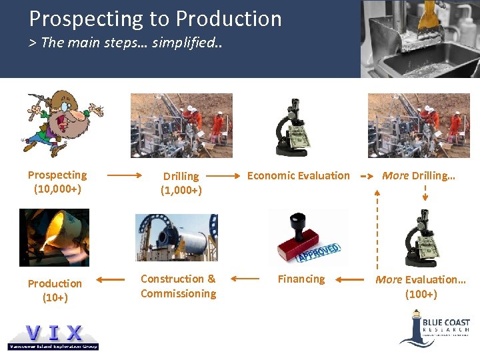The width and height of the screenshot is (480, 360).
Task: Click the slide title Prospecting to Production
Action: pyautogui.click(x=155, y=19)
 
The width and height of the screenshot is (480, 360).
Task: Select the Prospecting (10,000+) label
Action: pyautogui.click(x=57, y=182)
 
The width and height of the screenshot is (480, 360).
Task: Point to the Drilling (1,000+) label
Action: pyautogui.click(x=181, y=183)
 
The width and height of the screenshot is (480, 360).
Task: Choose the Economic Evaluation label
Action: pyautogui.click(x=298, y=176)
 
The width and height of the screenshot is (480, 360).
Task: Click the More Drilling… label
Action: pyautogui.click(x=418, y=176)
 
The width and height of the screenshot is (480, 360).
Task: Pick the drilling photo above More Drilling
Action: pyautogui.click(x=419, y=125)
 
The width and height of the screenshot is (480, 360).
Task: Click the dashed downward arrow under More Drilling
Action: pyautogui.click(x=425, y=194)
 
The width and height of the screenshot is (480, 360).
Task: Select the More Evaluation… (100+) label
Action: pyautogui.click(x=421, y=287)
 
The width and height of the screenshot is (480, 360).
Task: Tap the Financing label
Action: pyautogui.click(x=301, y=279)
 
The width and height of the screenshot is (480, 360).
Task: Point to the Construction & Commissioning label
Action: pyautogui.click(x=178, y=286)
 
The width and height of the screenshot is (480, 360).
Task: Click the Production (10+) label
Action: pyautogui.click(x=55, y=291)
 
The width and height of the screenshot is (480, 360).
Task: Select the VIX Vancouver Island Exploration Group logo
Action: pyautogui.click(x=53, y=335)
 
